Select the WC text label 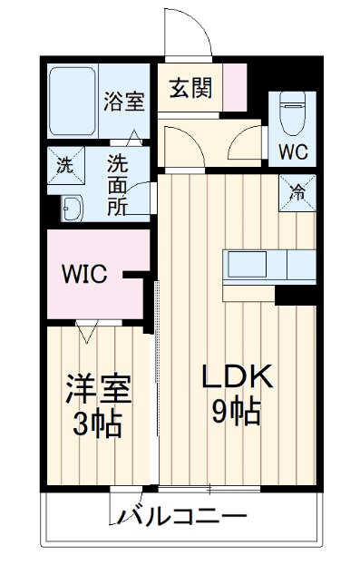(x=291, y=147)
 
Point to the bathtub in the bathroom (x=72, y=99)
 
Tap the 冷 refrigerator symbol (x=297, y=192)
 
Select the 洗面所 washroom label (x=118, y=185)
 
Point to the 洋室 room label (x=98, y=390)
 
